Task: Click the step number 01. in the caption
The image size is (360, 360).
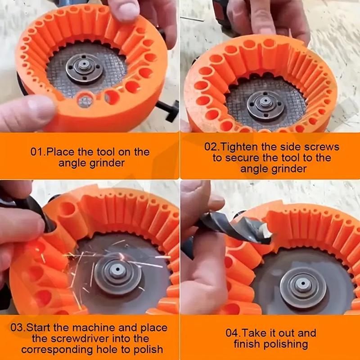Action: coord(38,152)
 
